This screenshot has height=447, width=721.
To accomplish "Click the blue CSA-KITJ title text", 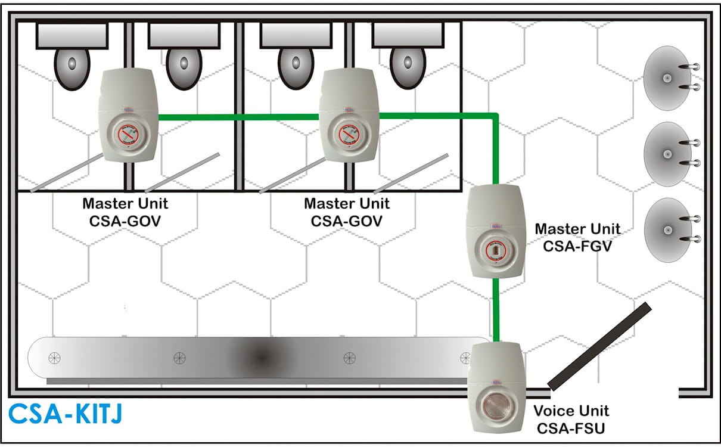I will coord(65,414).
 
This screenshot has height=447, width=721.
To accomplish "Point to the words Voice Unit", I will coord(571,411).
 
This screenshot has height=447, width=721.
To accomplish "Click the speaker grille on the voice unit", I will coord(496,403).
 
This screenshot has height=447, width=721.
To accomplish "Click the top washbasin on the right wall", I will coord(667,78).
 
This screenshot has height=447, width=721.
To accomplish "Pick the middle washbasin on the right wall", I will coord(667,153).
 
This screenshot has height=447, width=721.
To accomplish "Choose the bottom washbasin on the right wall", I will coord(667,229).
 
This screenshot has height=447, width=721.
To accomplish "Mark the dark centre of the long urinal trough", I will coord(261,358).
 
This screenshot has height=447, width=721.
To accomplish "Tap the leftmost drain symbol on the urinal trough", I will coord(54,358).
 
